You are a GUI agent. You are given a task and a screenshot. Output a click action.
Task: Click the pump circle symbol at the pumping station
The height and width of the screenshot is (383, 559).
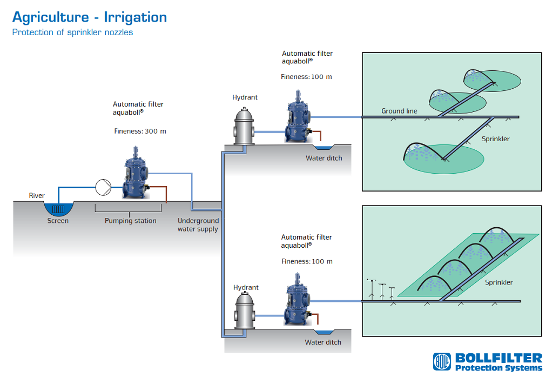[x=103, y=187]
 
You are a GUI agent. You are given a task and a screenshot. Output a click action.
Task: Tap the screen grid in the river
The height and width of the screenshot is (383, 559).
[x=58, y=208]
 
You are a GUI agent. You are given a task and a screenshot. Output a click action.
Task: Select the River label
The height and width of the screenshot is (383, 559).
[x=37, y=196]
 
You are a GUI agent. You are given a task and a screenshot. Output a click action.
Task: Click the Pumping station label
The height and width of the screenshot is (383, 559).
[x=131, y=221]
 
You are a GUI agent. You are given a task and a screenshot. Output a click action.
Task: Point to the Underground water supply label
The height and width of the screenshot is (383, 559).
[x=198, y=225]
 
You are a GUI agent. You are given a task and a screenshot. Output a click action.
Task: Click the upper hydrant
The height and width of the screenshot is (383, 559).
[x=244, y=126]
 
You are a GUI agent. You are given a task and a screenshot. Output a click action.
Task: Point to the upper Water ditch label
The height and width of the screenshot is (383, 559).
[x=324, y=159]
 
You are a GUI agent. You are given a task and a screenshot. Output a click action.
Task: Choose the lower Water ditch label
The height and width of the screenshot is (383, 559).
[x=323, y=342]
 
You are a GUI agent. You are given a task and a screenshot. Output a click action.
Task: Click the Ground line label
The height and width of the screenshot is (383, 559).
[x=399, y=111]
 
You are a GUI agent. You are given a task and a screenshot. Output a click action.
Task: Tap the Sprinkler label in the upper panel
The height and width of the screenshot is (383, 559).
[x=495, y=139]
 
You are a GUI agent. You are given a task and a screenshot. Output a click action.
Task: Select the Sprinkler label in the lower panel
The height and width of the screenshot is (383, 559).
[x=499, y=282]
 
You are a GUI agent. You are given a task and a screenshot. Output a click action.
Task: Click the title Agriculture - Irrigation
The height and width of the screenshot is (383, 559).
[x=90, y=17]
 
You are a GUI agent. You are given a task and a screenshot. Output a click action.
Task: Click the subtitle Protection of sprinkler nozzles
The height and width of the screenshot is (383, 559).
[x=72, y=32]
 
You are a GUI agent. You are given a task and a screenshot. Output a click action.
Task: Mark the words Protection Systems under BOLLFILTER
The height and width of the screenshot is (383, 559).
[x=499, y=368]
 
